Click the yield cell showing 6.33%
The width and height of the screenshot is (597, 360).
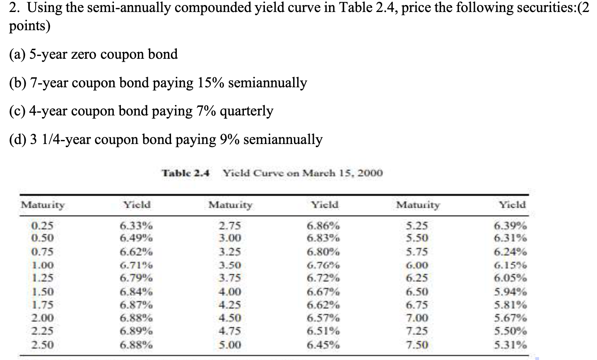coord(136,226)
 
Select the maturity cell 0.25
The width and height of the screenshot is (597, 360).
coord(43,226)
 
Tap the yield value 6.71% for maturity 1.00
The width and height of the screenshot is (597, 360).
coord(136,265)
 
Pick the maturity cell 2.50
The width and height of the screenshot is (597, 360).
coord(43,345)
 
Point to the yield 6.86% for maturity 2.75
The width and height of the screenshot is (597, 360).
coord(323,226)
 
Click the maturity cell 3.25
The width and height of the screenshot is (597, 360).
coord(230,252)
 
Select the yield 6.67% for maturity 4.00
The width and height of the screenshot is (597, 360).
coord(323,292)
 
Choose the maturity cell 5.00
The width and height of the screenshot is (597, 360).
coord(230,345)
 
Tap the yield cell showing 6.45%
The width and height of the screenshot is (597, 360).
coord(323,345)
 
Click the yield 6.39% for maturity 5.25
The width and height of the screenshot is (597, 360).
coord(510,226)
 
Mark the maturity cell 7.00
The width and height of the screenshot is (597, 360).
coord(417,318)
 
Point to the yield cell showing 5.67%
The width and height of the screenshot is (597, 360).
coord(510,318)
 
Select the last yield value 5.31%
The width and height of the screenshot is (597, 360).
coord(510,345)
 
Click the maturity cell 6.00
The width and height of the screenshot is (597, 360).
coord(417,265)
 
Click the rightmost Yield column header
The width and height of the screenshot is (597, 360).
coord(512,204)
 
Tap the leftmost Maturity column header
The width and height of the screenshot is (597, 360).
coord(43,204)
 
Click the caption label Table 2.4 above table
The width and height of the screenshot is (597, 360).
coord(186,173)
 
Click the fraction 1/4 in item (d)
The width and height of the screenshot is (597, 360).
coord(51,139)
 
